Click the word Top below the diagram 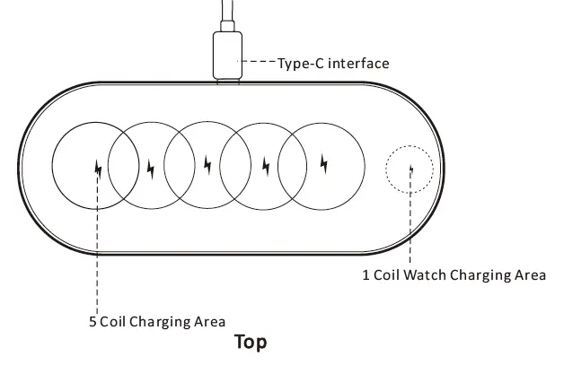pyautogui.click(x=251, y=342)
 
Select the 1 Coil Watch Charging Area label pyautogui.click(x=454, y=275)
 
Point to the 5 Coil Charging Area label pyautogui.click(x=157, y=321)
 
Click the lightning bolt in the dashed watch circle pyautogui.click(x=410, y=168)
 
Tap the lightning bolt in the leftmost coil pyautogui.click(x=97, y=168)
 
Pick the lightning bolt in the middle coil pyautogui.click(x=207, y=166)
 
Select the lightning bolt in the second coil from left pyautogui.click(x=150, y=167)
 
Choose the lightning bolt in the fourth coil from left pyautogui.click(x=265, y=166)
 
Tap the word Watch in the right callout pyautogui.click(x=426, y=275)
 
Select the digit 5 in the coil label pyautogui.click(x=93, y=321)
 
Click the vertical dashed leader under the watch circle pyautogui.click(x=410, y=224)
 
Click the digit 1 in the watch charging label pyautogui.click(x=366, y=275)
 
